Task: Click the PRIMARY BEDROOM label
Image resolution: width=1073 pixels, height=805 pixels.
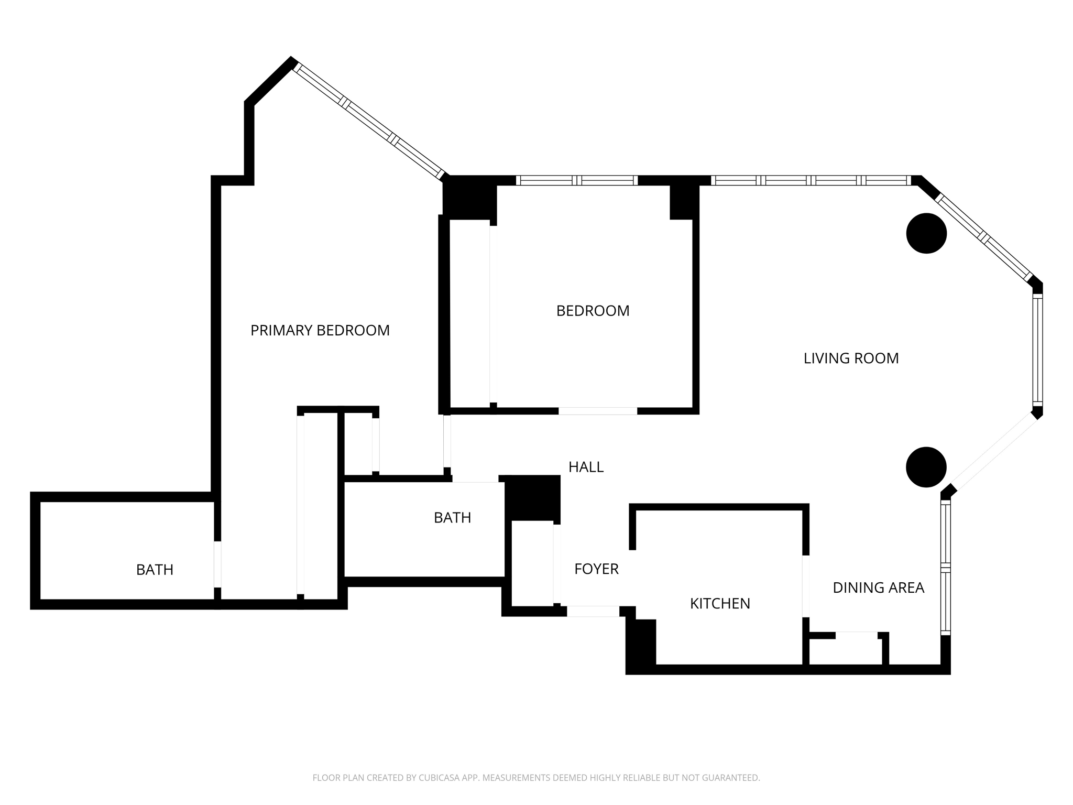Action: pyautogui.click(x=320, y=331)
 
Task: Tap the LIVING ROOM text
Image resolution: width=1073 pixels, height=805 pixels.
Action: pyautogui.click(x=851, y=358)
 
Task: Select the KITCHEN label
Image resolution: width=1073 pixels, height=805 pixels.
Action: pyautogui.click(x=720, y=604)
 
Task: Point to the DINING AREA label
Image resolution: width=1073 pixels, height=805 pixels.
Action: pyautogui.click(x=878, y=588)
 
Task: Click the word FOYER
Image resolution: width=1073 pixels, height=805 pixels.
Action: pyautogui.click(x=596, y=569)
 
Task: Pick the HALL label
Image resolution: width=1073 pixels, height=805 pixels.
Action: pyautogui.click(x=586, y=467)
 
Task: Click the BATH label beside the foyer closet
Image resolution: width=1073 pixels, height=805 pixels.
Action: pyautogui.click(x=452, y=518)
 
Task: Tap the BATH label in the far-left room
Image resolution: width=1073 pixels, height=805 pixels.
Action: pyautogui.click(x=155, y=570)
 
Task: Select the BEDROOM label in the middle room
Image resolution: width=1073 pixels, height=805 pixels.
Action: pyautogui.click(x=593, y=311)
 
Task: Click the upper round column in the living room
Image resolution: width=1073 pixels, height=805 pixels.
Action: pyautogui.click(x=926, y=233)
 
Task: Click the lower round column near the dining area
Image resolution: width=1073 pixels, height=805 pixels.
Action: pyautogui.click(x=926, y=467)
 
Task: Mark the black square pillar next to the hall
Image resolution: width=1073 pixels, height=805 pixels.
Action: pyautogui.click(x=532, y=497)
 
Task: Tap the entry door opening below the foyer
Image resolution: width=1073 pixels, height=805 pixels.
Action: pyautogui.click(x=593, y=611)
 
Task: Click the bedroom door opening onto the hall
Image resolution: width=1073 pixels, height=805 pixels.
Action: pyautogui.click(x=597, y=411)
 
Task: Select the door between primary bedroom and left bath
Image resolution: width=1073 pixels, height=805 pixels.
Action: pyautogui.click(x=217, y=564)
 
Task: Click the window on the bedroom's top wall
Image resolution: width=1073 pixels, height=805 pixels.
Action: pyautogui.click(x=576, y=180)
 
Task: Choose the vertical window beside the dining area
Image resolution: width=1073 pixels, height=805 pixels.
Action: pyautogui.click(x=945, y=568)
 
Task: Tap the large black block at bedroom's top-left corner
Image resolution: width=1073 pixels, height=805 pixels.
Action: pyautogui.click(x=469, y=198)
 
